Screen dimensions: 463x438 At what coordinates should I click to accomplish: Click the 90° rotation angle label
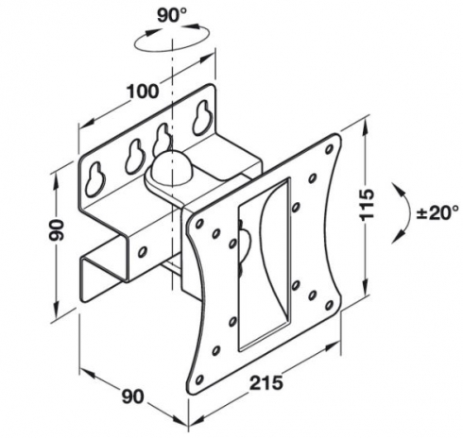pyautogui.click(x=172, y=15)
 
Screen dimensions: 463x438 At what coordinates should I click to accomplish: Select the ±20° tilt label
pyautogui.click(x=437, y=213)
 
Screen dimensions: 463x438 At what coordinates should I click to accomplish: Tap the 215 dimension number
pyautogui.click(x=266, y=382)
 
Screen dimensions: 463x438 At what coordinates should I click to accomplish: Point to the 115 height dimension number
pyautogui.click(x=367, y=204)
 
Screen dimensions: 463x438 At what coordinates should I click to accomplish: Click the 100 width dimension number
pyautogui.click(x=143, y=92)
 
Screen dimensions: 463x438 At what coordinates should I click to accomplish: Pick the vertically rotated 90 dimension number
pyautogui.click(x=57, y=230)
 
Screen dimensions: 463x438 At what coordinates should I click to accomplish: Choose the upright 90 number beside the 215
pyautogui.click(x=133, y=396)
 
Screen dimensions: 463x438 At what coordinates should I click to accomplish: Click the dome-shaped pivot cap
pyautogui.click(x=168, y=168)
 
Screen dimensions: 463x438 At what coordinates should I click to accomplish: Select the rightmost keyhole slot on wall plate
pyautogui.click(x=200, y=118)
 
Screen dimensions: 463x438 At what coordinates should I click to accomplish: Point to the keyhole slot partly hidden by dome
pyautogui.click(x=161, y=139)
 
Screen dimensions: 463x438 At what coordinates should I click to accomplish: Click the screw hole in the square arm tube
pyautogui.click(x=143, y=251)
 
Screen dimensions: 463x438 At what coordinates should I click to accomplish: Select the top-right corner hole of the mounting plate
pyautogui.click(x=330, y=149)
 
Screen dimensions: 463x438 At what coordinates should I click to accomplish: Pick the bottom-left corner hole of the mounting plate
pyautogui.click(x=199, y=379)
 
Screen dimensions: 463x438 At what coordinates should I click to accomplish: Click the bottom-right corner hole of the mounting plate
pyautogui.click(x=330, y=305)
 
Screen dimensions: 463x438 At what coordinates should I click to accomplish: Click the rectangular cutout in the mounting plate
pyautogui.click(x=264, y=263)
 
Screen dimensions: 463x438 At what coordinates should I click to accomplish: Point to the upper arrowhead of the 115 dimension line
pyautogui.click(x=366, y=126)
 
